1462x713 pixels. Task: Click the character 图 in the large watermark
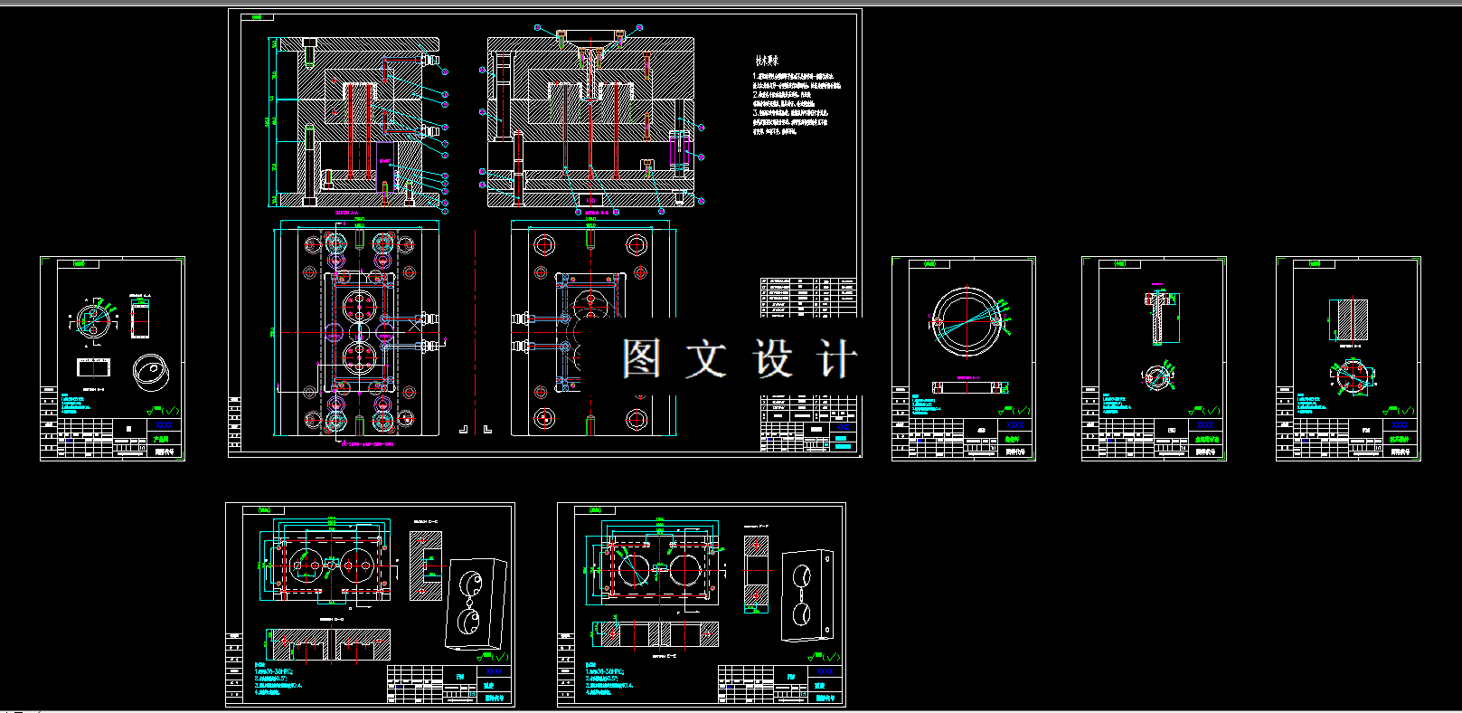point(641,359)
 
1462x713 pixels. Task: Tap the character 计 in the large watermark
point(837,359)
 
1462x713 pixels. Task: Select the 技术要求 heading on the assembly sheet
point(767,61)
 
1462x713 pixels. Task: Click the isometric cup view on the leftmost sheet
point(150,371)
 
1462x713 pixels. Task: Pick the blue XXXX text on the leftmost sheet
point(164,424)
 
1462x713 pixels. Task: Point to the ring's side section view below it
point(969,388)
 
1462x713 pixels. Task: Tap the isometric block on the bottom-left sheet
point(475,604)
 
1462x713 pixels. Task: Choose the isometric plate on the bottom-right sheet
point(806,594)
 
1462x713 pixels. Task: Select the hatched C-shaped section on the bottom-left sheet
point(426,566)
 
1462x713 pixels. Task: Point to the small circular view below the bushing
point(1156,378)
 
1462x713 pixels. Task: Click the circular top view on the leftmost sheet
point(92,317)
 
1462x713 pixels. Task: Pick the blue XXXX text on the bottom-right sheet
point(825,672)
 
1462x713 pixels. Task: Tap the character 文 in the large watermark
point(705,359)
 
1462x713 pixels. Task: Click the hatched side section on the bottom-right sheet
point(756,572)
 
